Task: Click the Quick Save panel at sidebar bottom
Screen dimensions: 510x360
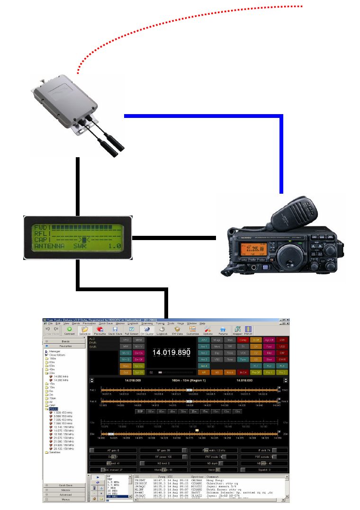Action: (65, 485)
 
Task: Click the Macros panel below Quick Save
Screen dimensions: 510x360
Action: (65, 490)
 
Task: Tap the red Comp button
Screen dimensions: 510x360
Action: (243, 340)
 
